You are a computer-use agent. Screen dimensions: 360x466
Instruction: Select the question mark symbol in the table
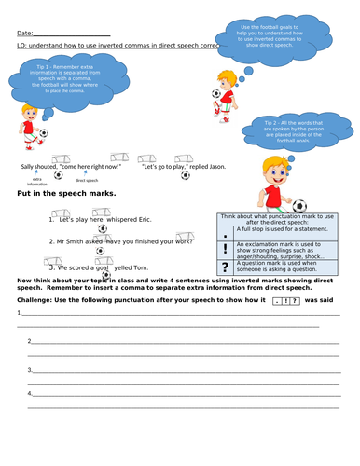(225, 269)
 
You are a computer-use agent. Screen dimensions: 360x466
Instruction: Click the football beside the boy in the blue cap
(299, 206)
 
